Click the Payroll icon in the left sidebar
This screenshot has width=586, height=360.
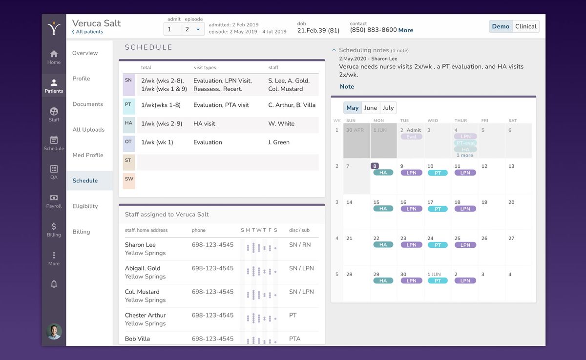click(x=54, y=198)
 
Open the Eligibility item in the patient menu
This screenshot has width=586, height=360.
click(x=85, y=206)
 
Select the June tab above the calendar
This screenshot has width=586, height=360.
click(x=371, y=108)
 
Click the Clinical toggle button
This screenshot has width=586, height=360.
click(x=525, y=26)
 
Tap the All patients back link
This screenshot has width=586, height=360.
click(x=88, y=32)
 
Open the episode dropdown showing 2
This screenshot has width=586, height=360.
click(x=192, y=29)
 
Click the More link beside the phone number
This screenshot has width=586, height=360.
click(x=405, y=30)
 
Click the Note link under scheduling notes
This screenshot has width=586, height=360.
click(x=347, y=87)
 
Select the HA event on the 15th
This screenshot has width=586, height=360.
click(x=383, y=209)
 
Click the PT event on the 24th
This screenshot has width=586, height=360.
click(x=438, y=245)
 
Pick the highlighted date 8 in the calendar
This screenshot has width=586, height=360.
click(x=375, y=166)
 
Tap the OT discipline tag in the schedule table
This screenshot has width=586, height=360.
click(x=128, y=142)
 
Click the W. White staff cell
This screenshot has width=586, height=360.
click(x=281, y=124)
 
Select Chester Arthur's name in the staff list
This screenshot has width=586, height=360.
click(x=145, y=315)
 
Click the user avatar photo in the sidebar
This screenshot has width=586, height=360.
click(x=54, y=331)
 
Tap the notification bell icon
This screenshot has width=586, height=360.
click(x=54, y=284)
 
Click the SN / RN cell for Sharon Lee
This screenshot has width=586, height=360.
click(x=300, y=245)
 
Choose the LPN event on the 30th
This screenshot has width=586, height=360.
click(x=411, y=281)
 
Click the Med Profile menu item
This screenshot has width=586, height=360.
click(x=88, y=155)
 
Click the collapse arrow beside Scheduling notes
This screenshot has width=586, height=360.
click(x=334, y=50)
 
